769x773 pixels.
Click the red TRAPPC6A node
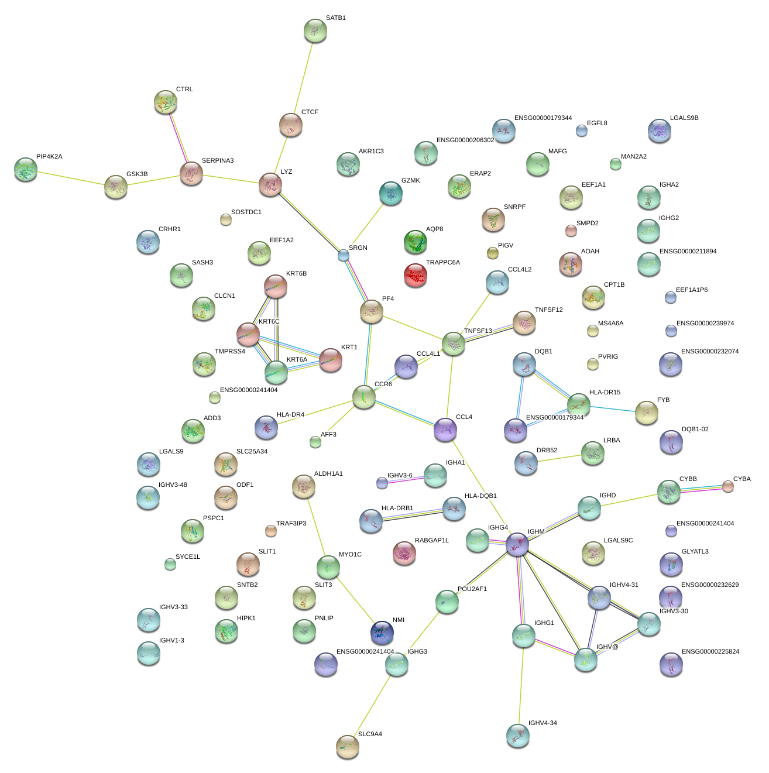[x=416, y=275]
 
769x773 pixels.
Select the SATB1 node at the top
[x=315, y=30]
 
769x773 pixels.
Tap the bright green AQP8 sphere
[x=416, y=242]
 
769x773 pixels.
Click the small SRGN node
[x=344, y=255]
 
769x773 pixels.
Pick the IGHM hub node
[x=517, y=544]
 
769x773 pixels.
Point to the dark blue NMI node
[x=382, y=633]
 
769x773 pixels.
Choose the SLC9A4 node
[x=348, y=747]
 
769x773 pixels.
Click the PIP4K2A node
[x=26, y=169]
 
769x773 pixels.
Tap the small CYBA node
[x=727, y=486]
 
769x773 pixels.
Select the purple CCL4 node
[x=445, y=430]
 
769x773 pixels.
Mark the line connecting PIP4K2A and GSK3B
[x=70, y=178]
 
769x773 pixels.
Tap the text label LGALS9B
[x=684, y=118]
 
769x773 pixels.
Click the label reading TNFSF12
[x=548, y=310]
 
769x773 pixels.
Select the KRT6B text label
[x=296, y=274]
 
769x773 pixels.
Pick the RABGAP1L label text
[x=431, y=541]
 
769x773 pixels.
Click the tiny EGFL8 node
[x=581, y=130]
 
